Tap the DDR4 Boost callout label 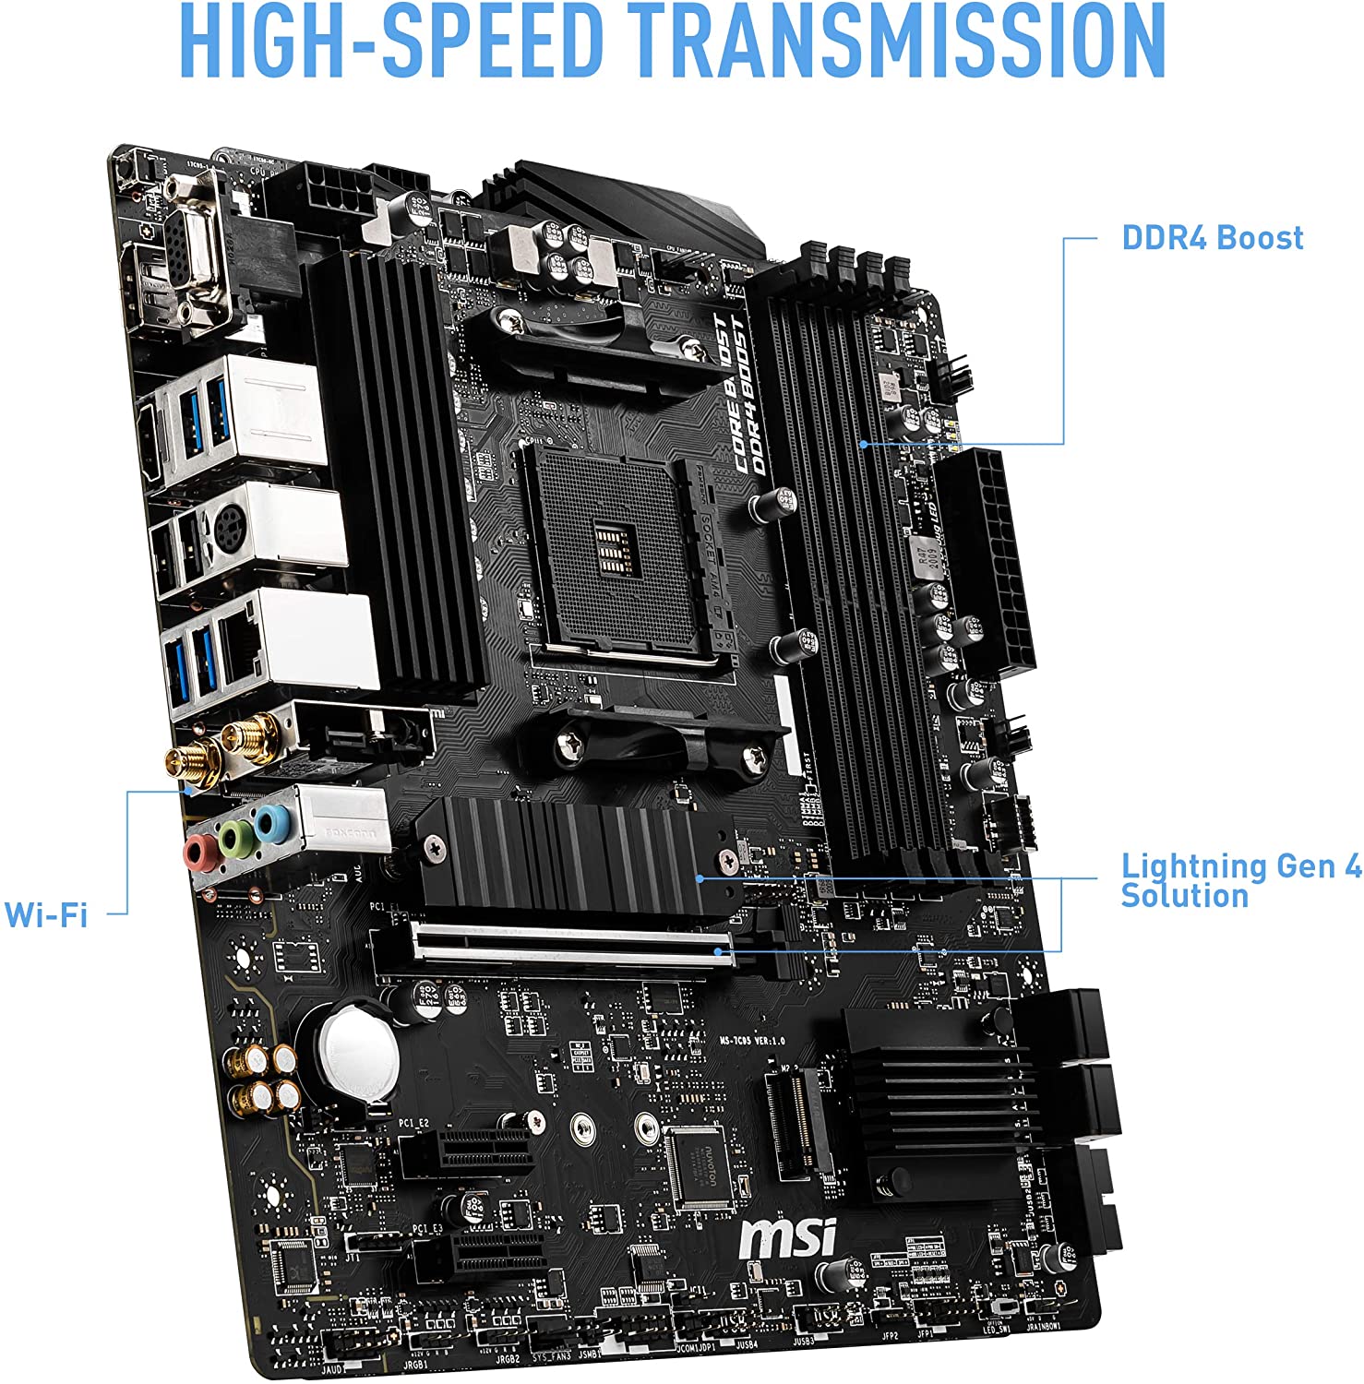(x=1212, y=238)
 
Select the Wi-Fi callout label (x=46, y=914)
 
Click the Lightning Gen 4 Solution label (x=1239, y=880)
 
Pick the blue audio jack (x=269, y=821)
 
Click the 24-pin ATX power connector (x=987, y=558)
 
